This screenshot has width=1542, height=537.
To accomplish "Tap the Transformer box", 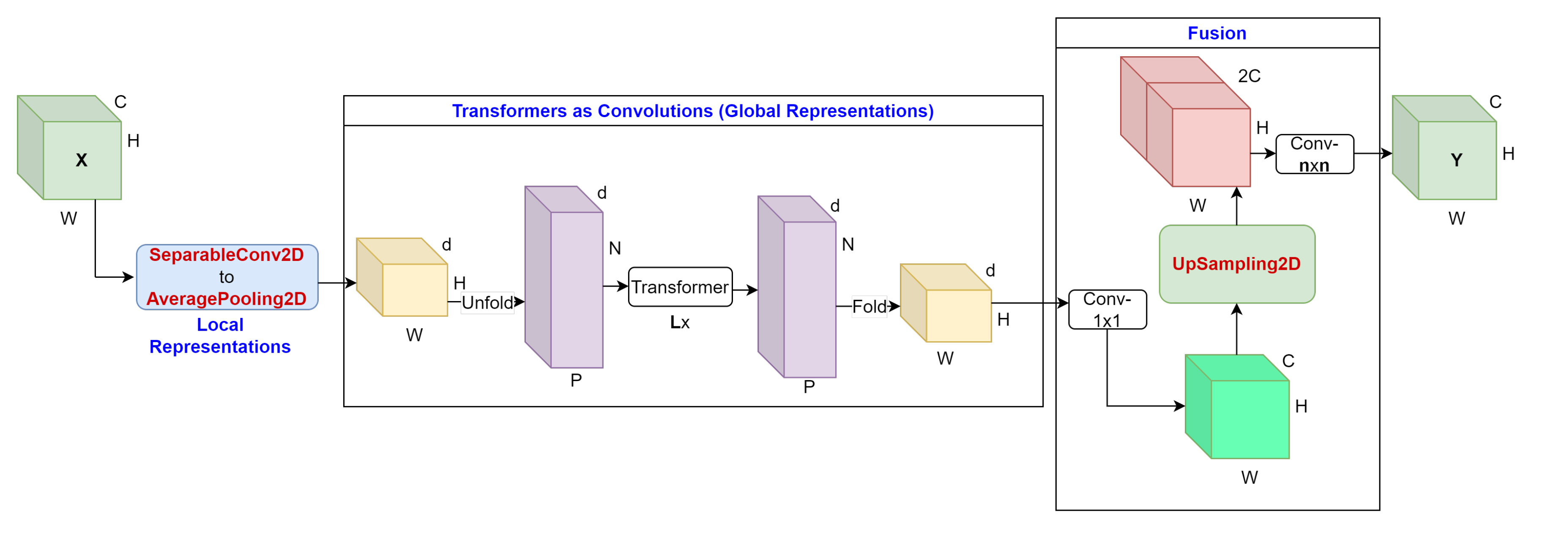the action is pos(680,288).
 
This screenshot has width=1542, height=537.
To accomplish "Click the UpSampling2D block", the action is pos(1237,264).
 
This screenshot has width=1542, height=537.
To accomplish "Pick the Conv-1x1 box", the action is pos(1107,310).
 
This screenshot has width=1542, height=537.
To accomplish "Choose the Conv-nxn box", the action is pos(1315,154).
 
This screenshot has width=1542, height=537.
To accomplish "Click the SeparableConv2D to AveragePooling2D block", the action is pos(227,277).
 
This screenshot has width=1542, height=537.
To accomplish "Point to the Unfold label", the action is pos(487,303).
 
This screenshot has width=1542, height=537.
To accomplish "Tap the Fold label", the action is pos(869,307).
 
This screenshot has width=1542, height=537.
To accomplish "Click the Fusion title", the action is pos(1217,33).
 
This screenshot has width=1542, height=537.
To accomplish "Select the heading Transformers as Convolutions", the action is pos(692,111).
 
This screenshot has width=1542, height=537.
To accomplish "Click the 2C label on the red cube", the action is pos(1249,76).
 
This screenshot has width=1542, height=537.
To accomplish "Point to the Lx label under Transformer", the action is pos(679,323).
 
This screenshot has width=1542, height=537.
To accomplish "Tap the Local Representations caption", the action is pos(220,336).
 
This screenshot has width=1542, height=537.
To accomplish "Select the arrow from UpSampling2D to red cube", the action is pos(1237,206).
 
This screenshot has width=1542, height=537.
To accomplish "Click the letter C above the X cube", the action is pos(120,102).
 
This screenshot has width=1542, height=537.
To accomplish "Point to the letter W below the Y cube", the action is pos(1456,219).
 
